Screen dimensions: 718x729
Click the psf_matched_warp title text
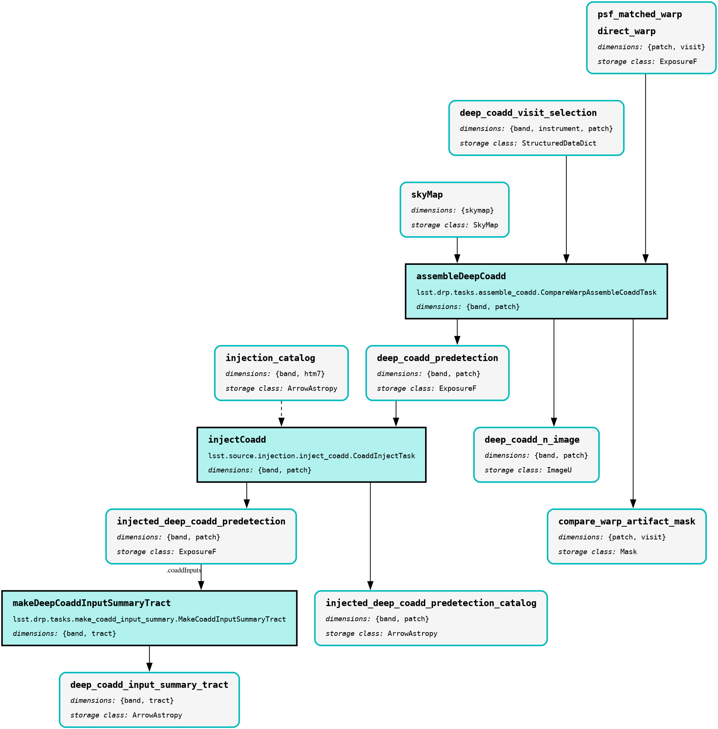640,14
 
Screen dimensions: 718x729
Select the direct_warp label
627,31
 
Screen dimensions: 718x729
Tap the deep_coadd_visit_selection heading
528,113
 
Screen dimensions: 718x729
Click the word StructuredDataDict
559,144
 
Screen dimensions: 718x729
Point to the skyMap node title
427,195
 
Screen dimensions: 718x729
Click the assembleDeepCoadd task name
461,276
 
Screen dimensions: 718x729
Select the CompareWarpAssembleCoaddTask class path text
536,292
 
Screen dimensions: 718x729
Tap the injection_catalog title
270,358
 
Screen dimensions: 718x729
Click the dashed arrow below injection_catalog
281,414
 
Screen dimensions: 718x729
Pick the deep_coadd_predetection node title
438,358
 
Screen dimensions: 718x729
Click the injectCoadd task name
237,440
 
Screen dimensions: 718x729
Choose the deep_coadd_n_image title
532,440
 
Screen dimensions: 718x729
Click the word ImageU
559,470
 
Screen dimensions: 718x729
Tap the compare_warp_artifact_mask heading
627,521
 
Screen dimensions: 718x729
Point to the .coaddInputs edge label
184,570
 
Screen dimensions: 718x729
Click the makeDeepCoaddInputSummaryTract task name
91,603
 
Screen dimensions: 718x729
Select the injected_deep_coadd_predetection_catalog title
431,603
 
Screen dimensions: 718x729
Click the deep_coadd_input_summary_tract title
149,685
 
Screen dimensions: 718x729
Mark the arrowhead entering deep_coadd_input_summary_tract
149,667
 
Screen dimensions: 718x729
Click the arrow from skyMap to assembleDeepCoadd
457,250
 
